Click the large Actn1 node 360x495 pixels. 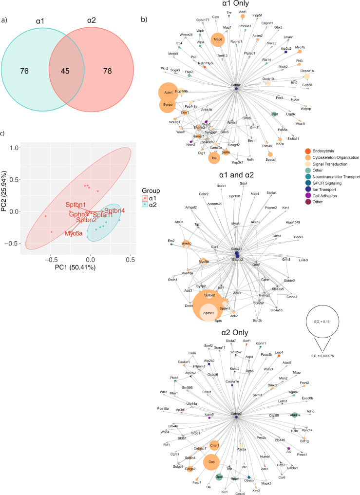click(x=168, y=92)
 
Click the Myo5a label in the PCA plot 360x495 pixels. click(x=74, y=233)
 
